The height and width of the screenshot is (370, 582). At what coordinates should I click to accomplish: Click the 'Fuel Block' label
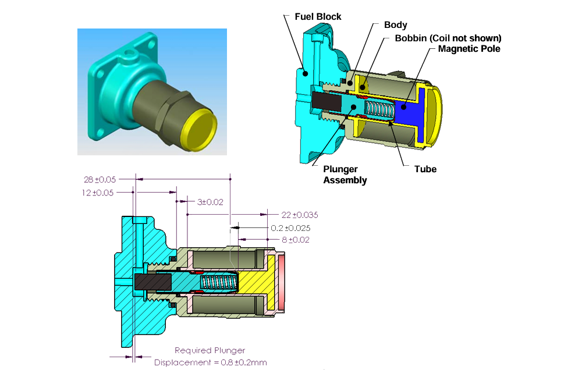click(318, 16)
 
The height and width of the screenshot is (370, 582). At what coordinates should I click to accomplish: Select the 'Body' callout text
click(395, 25)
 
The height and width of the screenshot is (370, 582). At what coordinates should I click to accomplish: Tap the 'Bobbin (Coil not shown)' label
click(448, 38)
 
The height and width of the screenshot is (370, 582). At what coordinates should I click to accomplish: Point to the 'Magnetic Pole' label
click(469, 49)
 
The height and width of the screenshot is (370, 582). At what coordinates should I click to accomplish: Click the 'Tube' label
click(425, 169)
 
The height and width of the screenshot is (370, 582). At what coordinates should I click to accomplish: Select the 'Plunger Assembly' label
click(345, 175)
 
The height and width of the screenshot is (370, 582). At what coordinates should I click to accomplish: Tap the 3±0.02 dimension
click(210, 202)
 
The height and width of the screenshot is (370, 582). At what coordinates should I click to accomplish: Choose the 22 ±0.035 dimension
click(299, 215)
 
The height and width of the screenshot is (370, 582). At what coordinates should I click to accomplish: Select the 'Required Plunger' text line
click(210, 350)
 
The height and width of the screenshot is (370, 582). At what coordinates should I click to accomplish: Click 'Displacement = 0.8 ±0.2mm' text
click(211, 362)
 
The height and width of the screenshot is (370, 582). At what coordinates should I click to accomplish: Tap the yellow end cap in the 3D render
click(200, 132)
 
